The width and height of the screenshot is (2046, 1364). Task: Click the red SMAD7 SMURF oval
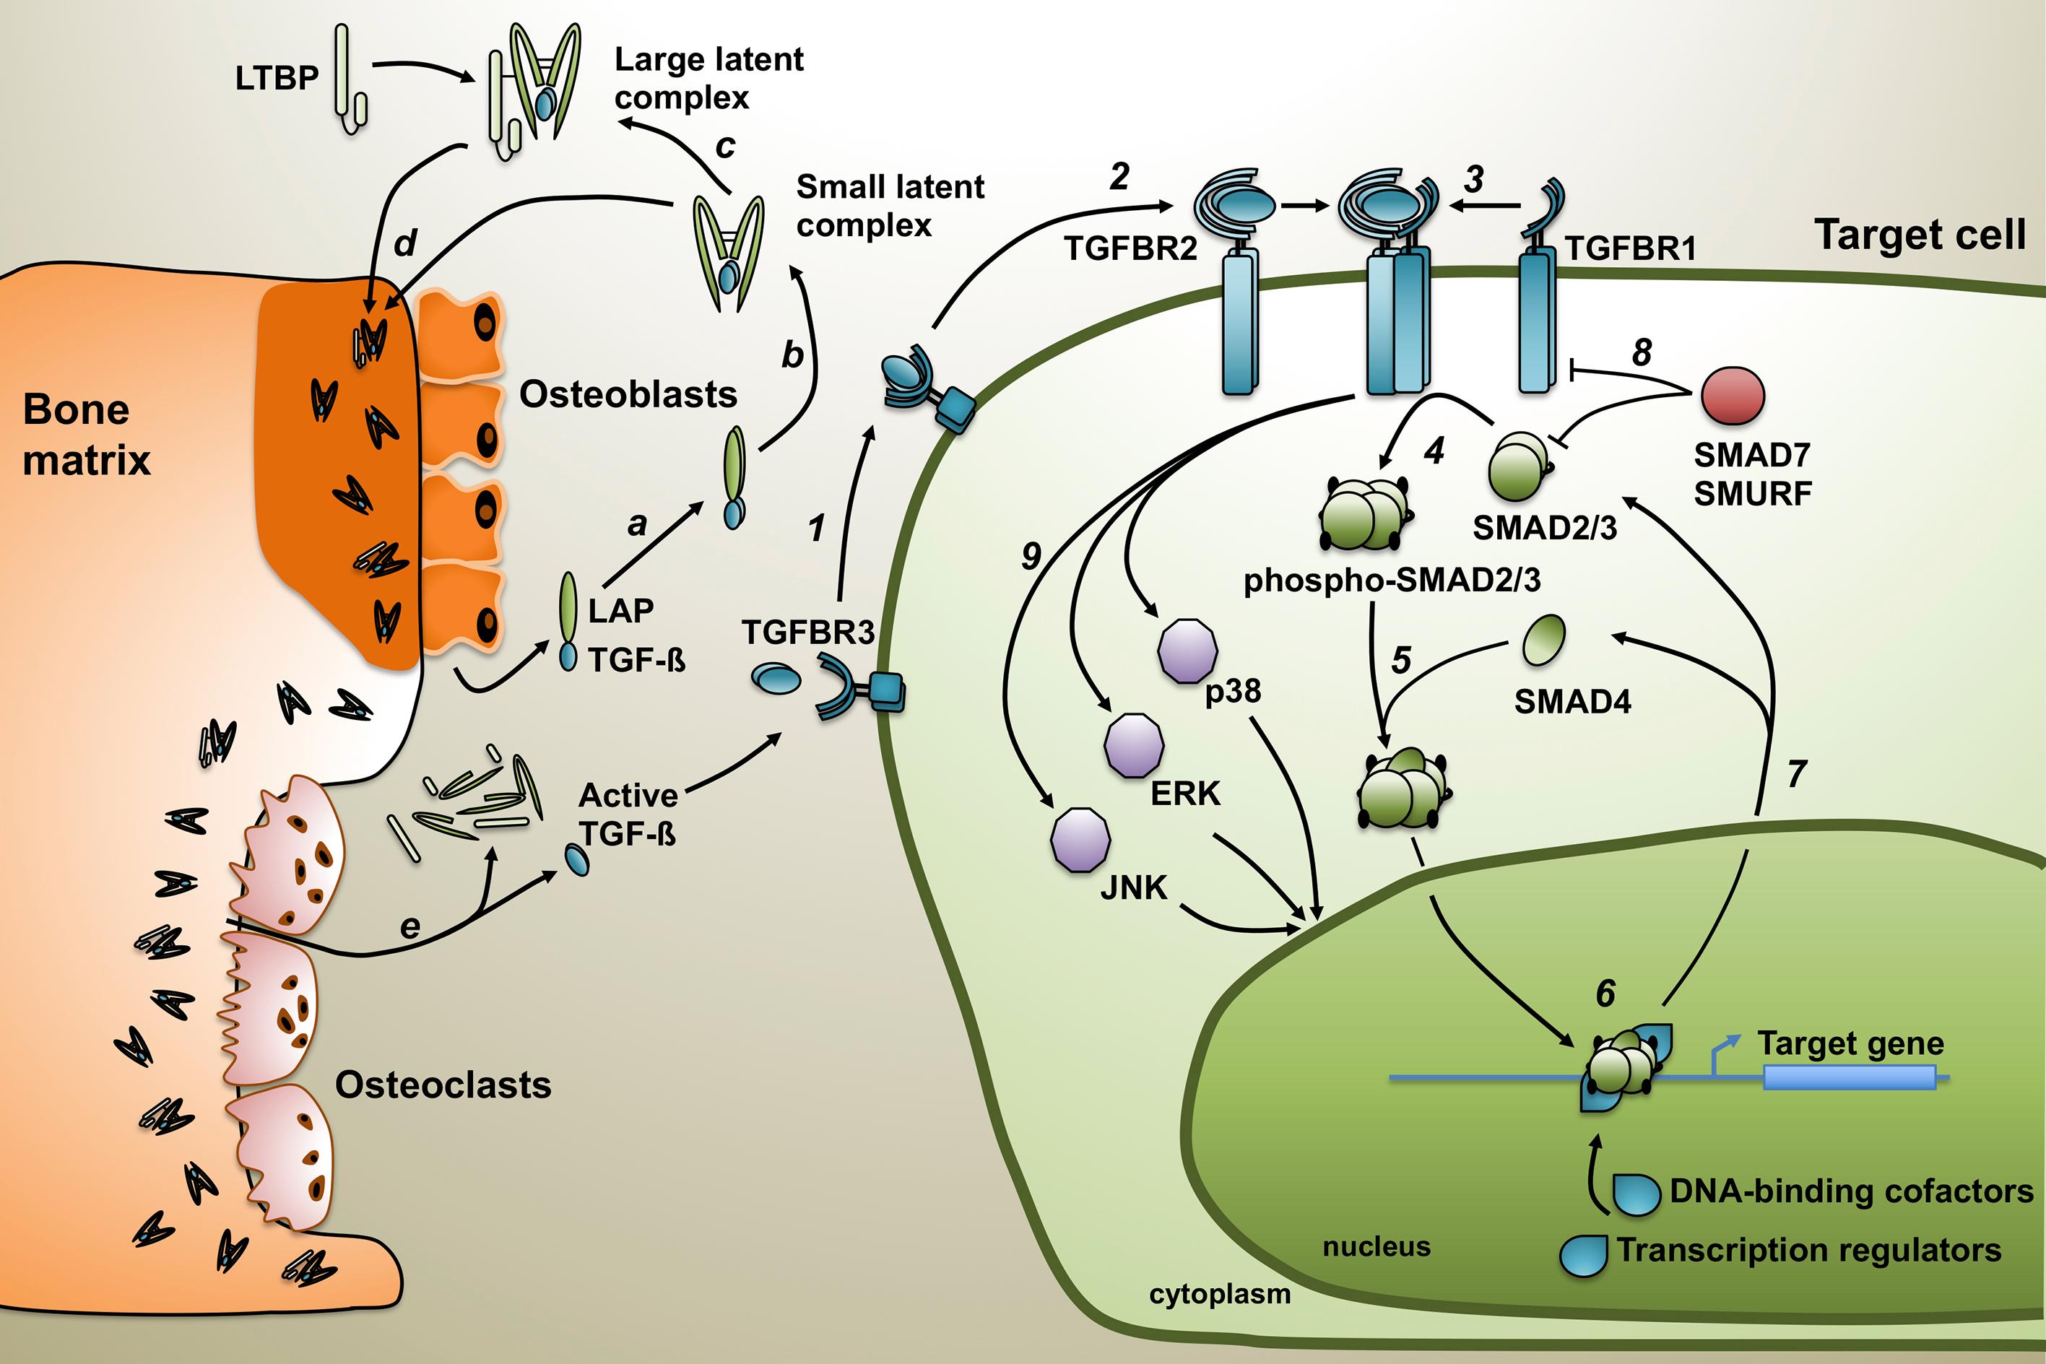click(x=1732, y=395)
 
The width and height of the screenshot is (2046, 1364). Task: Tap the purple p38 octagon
click(x=1187, y=650)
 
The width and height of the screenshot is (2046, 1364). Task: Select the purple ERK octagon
click(x=1133, y=744)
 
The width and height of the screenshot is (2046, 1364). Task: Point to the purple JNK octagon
click(x=1080, y=840)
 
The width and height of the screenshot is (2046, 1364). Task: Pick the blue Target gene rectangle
click(x=1850, y=1079)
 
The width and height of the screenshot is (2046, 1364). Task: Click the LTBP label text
click(x=277, y=78)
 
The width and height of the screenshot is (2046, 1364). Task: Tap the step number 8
click(x=1642, y=352)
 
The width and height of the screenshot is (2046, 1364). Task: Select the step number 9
click(x=1031, y=555)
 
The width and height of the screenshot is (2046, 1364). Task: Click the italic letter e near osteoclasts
click(x=409, y=927)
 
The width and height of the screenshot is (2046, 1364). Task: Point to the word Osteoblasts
click(x=628, y=395)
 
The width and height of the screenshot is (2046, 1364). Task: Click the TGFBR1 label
click(x=1631, y=249)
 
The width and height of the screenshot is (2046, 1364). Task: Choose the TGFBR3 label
click(x=807, y=633)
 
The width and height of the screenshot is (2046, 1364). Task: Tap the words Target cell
click(x=1920, y=235)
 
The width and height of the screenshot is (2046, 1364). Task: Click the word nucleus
click(x=1377, y=1246)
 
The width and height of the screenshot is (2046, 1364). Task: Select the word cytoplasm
click(x=1220, y=1293)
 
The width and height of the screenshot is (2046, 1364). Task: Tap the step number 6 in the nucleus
click(x=1605, y=994)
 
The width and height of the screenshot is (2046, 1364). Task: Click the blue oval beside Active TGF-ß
click(x=577, y=859)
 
